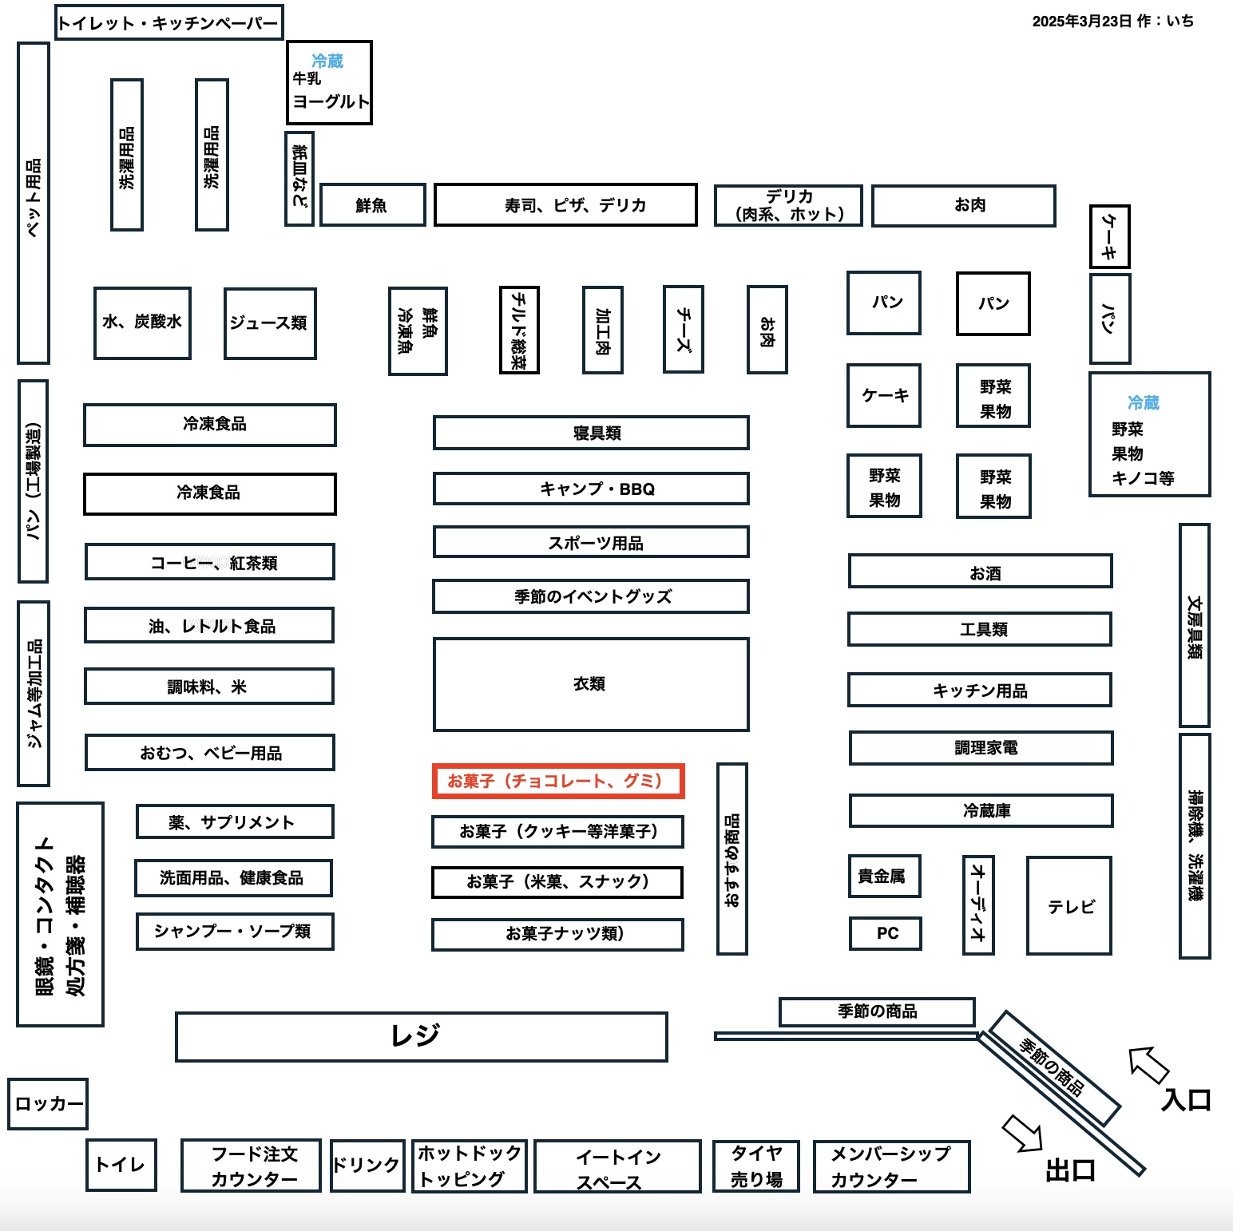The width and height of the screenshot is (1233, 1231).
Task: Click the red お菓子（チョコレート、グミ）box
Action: (x=558, y=781)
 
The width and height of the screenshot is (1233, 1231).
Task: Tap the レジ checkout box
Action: (x=422, y=1036)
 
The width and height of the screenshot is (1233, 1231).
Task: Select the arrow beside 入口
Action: (x=1148, y=1064)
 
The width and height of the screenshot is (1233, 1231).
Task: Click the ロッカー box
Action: (x=48, y=1104)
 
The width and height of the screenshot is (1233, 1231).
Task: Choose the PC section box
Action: (x=885, y=933)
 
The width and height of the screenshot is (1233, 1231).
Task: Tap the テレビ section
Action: (x=1069, y=906)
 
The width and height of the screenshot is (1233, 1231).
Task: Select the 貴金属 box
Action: (x=884, y=877)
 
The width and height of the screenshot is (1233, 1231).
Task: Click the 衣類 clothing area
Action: (x=591, y=684)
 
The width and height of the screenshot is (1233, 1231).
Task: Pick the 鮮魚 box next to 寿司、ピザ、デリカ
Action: (x=372, y=205)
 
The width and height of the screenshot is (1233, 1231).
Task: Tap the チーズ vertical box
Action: (x=684, y=329)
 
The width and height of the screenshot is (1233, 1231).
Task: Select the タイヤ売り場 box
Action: (x=756, y=1166)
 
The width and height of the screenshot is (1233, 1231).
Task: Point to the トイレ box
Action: (x=121, y=1165)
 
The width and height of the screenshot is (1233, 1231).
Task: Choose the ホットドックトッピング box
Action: (x=469, y=1166)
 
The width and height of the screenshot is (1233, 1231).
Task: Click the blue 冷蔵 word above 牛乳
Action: (x=327, y=61)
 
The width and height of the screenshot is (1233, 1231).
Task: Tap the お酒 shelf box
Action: (x=981, y=572)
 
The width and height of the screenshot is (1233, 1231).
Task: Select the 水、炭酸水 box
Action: (x=142, y=323)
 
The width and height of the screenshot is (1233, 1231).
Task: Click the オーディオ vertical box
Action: (x=978, y=904)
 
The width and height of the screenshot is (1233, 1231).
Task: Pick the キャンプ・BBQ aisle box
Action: (x=591, y=489)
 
